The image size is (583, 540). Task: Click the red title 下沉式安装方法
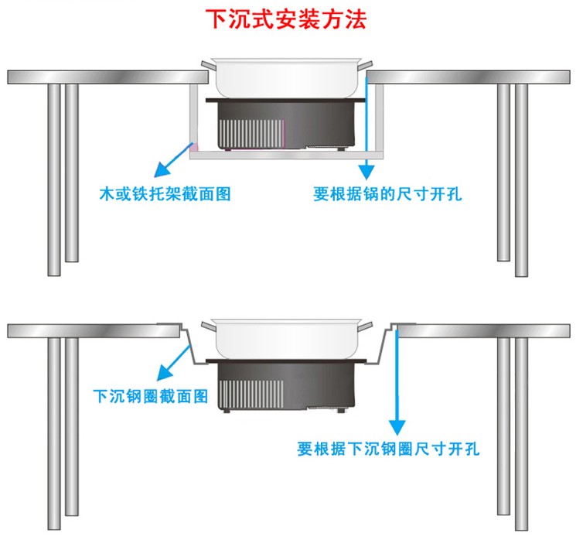286,19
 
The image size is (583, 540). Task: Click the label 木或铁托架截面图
165,193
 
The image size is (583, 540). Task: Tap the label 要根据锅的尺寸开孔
387,193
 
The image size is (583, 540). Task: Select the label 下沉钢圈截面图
151,396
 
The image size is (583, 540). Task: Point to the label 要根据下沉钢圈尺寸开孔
388,449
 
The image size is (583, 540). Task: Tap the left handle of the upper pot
209,66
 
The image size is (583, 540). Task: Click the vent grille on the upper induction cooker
251,134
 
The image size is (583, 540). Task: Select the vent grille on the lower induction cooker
251,395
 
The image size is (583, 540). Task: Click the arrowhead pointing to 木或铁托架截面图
162,169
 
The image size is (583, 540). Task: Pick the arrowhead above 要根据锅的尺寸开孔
367,172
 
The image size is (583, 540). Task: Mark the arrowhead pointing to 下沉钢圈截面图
165,373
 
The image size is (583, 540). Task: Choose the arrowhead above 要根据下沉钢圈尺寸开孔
397,427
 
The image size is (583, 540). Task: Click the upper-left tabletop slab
107,77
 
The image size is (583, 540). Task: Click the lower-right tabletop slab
483,331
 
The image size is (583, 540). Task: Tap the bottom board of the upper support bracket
287,155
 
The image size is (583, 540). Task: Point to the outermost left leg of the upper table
54,180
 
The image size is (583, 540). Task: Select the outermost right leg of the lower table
521,434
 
